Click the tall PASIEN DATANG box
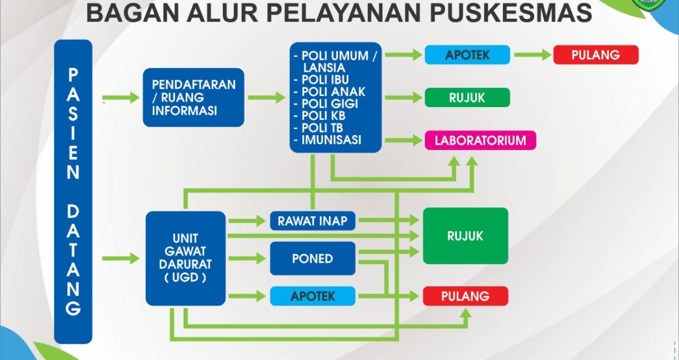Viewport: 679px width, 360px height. [73, 192]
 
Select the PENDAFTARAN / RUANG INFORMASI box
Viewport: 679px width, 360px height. [194, 97]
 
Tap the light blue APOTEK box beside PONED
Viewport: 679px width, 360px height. [313, 296]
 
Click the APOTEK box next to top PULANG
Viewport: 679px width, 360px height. [467, 55]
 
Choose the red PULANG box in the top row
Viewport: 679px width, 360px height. [596, 55]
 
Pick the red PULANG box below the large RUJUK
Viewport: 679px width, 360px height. [465, 296]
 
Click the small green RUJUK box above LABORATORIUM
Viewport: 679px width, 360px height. [467, 98]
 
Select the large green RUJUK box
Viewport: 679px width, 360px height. [465, 236]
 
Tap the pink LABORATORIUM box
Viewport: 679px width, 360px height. [480, 140]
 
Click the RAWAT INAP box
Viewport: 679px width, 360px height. [313, 221]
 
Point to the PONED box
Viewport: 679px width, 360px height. [313, 259]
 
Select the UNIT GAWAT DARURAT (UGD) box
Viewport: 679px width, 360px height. [186, 259]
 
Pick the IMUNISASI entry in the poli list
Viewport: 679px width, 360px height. [327, 140]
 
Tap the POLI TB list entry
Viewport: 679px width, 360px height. [318, 128]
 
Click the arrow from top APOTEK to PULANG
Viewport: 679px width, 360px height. [533, 55]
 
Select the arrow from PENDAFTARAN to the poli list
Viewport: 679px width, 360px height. [267, 98]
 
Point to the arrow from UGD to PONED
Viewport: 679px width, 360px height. [247, 259]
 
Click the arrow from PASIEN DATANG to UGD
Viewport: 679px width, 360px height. [121, 259]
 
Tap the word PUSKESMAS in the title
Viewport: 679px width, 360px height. [511, 13]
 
